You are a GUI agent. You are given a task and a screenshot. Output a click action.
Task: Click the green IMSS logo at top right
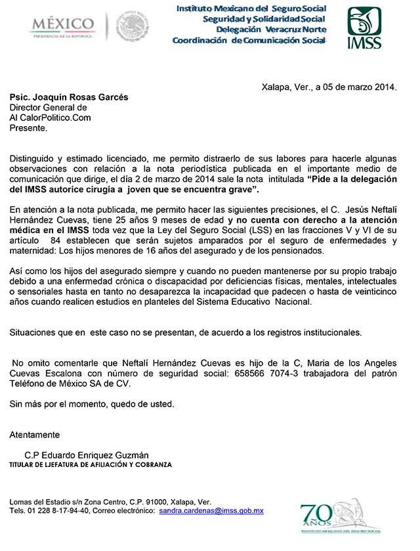[x=364, y=28]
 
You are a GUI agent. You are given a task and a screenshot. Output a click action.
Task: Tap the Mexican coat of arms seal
[x=133, y=28]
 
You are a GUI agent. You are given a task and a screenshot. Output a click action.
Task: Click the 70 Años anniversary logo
[x=332, y=516]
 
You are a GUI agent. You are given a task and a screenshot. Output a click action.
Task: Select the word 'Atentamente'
[x=35, y=435]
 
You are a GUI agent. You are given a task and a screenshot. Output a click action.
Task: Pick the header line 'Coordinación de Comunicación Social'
[x=249, y=41]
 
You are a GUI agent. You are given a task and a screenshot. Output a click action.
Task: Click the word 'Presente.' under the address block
[x=28, y=128]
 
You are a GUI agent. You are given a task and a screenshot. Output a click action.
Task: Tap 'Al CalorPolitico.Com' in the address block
[x=51, y=118]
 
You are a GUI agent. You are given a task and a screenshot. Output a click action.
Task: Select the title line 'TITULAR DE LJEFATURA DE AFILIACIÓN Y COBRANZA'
[x=91, y=464]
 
